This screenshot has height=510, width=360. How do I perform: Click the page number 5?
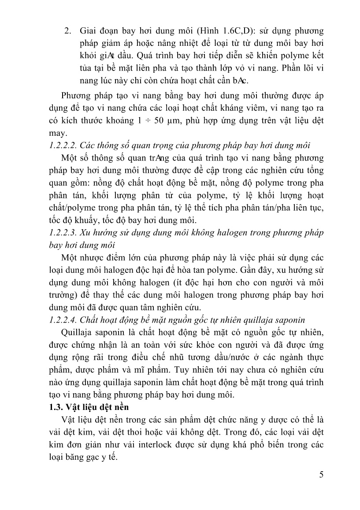[321, 474]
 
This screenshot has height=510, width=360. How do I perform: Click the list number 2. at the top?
[68, 32]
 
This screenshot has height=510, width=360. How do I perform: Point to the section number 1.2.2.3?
[63, 232]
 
